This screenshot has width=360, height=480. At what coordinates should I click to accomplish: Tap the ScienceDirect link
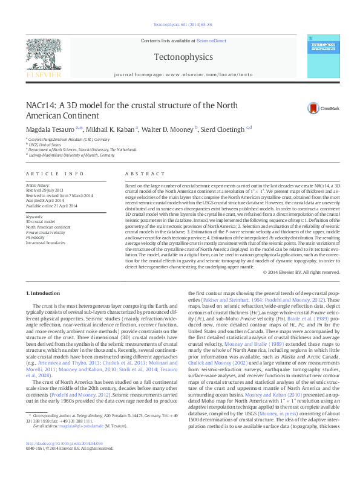pos(211,41)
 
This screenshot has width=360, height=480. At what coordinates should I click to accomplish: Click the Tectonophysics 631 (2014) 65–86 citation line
pos(180,25)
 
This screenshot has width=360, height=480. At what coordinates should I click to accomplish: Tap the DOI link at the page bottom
pos(60,459)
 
